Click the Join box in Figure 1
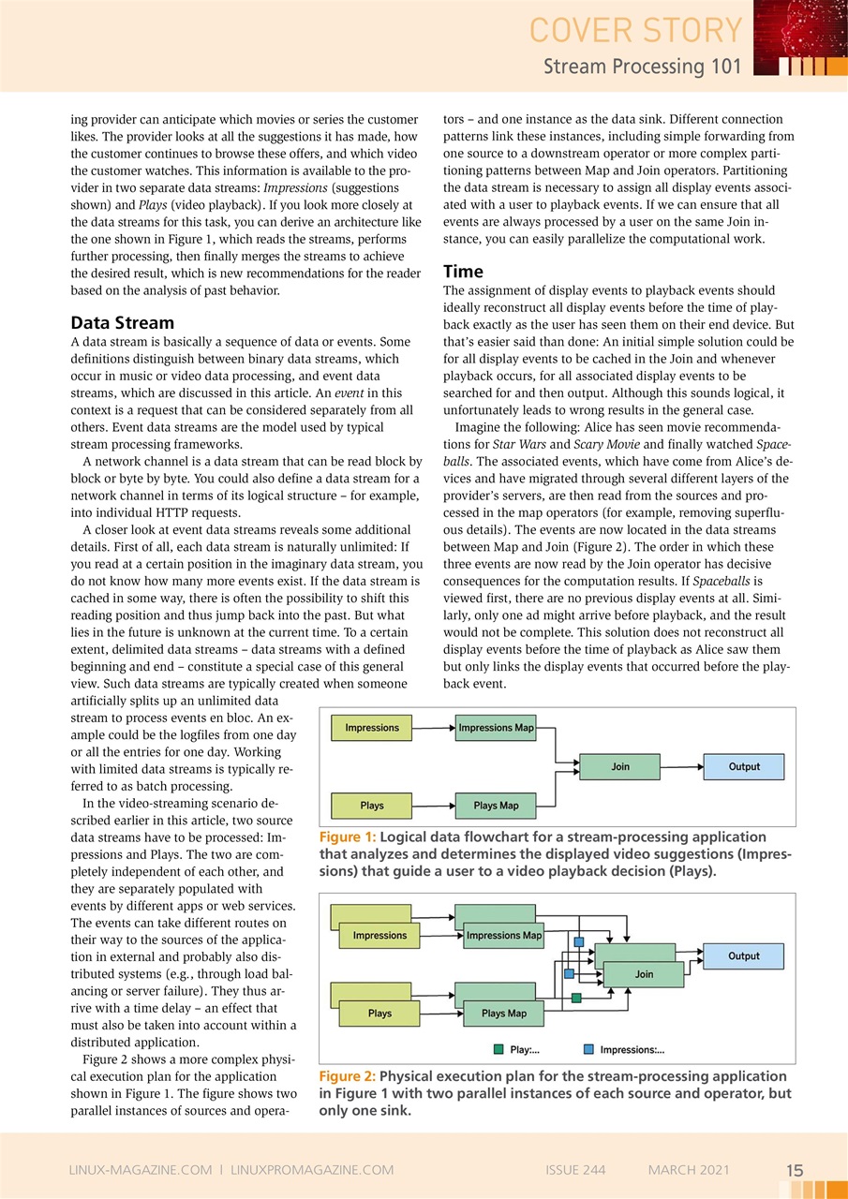pyautogui.click(x=620, y=767)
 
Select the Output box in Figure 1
pyautogui.click(x=744, y=767)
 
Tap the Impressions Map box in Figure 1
pyautogui.click(x=496, y=728)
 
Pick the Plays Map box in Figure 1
pyautogui.click(x=496, y=806)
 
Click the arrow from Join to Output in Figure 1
pyautogui.click(x=682, y=767)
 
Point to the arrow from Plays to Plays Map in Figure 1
pyautogui.click(x=433, y=806)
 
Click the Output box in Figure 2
pyautogui.click(x=744, y=956)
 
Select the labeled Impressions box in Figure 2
pyautogui.click(x=379, y=936)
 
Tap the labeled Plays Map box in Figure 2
pyautogui.click(x=504, y=1014)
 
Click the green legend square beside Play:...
pyautogui.click(x=498, y=1050)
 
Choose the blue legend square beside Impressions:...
pyautogui.click(x=588, y=1050)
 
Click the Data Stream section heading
pyautogui.click(x=123, y=323)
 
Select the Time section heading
pyautogui.click(x=463, y=272)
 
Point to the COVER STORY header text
pyautogui.click(x=635, y=30)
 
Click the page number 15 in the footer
pyautogui.click(x=795, y=1170)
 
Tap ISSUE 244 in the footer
pyautogui.click(x=575, y=1170)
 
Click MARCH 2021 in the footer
pyautogui.click(x=689, y=1170)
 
